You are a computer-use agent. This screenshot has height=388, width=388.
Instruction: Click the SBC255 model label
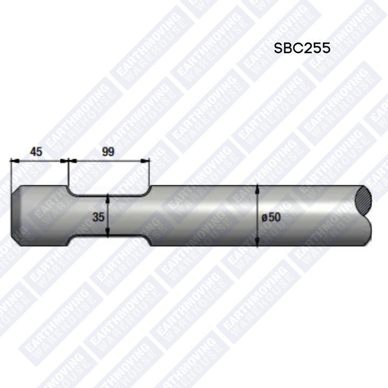click(302, 47)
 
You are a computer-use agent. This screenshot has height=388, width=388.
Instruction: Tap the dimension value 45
click(36, 151)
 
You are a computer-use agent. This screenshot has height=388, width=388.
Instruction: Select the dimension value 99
click(108, 151)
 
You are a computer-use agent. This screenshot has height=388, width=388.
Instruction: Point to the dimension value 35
click(98, 217)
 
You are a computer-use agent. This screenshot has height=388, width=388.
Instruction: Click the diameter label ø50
click(271, 217)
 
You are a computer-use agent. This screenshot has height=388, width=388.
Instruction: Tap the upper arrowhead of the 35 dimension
click(108, 199)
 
